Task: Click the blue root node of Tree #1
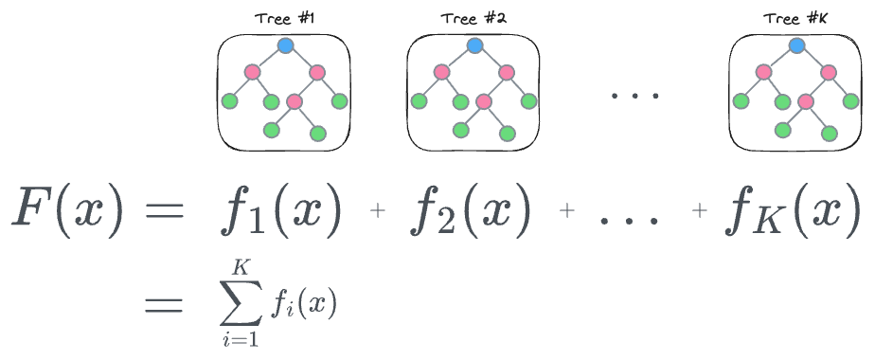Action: [285, 45]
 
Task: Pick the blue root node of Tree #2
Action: [474, 45]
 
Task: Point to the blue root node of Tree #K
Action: [796, 45]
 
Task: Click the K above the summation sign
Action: [242, 271]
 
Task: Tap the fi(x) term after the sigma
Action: [303, 305]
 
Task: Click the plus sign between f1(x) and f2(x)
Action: [379, 213]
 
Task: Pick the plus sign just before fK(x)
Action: [701, 213]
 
